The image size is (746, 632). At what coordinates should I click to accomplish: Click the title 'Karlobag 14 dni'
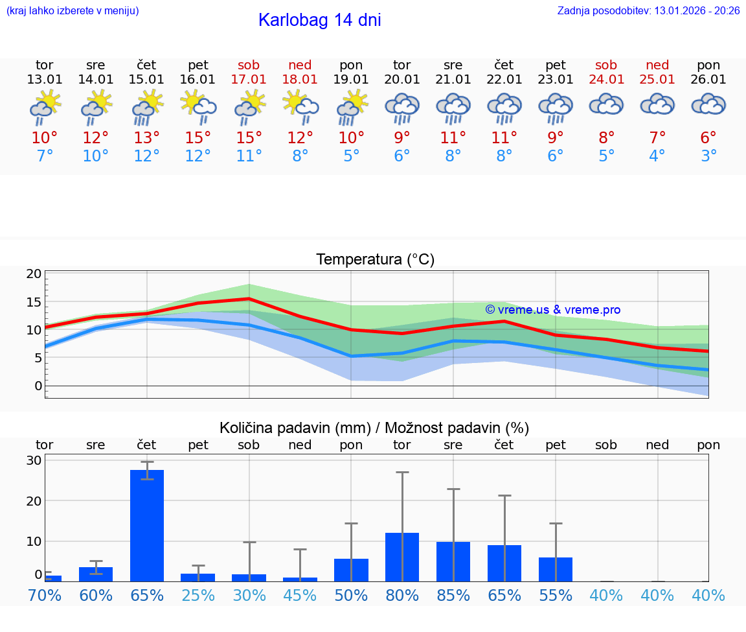pos(319,20)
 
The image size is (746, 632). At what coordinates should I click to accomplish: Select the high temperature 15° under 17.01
pos(249,138)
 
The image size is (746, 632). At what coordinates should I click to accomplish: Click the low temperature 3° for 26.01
pos(708,156)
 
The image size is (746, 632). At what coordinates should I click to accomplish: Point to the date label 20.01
pos(402,80)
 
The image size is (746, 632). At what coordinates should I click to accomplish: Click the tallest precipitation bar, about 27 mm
pos(147,525)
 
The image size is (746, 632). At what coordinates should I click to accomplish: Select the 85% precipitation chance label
pos(453,595)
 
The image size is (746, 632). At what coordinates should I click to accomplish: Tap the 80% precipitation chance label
pos(402,595)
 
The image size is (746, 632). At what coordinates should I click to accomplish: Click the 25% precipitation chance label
pos(198,595)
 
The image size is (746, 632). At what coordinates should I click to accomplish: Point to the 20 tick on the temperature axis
pos(34,274)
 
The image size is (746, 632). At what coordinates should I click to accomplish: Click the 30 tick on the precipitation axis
pos(34,460)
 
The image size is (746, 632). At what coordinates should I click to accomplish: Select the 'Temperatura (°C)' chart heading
pos(375,260)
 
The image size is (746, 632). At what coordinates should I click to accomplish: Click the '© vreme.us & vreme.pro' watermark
pos(553,310)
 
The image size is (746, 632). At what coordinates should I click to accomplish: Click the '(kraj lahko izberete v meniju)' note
pos(73,11)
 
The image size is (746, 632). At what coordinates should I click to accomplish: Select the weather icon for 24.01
pos(606,104)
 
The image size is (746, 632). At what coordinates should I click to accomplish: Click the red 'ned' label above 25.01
pos(657,65)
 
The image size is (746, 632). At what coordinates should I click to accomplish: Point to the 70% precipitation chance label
pos(45,595)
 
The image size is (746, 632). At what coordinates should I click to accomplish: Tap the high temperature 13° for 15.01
pos(147,138)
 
